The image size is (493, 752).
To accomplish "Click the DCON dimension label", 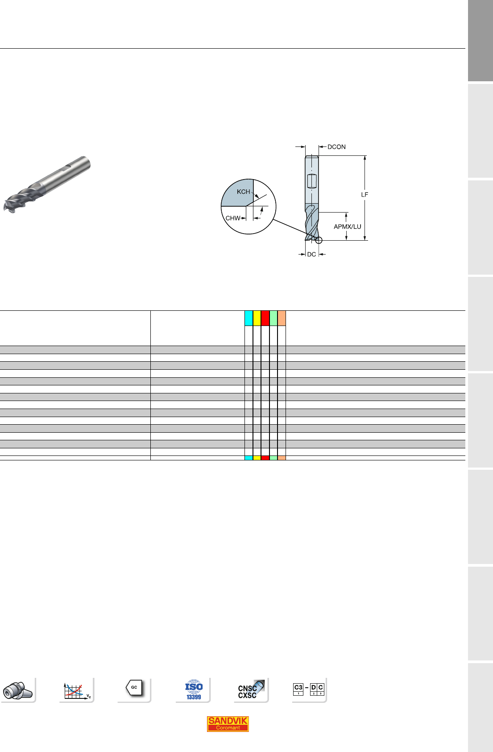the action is [336, 147].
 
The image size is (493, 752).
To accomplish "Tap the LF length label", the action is [365, 194].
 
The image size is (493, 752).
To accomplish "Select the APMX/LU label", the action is [348, 226].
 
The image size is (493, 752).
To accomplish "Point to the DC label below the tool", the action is [311, 255].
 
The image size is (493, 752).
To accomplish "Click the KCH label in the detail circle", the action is [244, 192].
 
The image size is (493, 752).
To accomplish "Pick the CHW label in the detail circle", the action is [233, 218].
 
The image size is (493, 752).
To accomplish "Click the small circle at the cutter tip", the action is [319, 240].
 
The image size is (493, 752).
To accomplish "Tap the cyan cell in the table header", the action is [249, 318].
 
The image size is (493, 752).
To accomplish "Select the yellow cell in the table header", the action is [257, 318].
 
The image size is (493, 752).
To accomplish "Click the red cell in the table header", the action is [265, 318].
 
